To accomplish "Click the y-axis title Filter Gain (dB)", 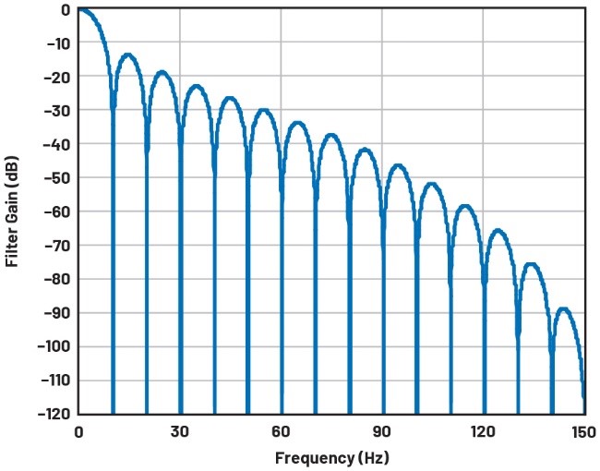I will pos(13,211).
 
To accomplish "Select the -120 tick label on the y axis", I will pos(54,414).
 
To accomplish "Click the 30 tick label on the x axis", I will pos(179,431).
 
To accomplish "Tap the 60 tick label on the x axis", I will pos(281,431).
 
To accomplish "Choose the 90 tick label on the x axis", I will pos(382,431).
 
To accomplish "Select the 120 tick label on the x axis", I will pos(483,431).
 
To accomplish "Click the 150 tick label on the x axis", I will pos(583,431).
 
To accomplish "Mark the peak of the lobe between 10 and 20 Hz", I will pos(129,54).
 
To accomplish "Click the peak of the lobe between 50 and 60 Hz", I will pos(264,110).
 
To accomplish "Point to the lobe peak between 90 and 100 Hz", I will pos(399,165).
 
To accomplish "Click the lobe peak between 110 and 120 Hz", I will pos(466,205).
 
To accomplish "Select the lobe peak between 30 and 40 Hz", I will pos(197,86).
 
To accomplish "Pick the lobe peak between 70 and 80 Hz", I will pos(331,135).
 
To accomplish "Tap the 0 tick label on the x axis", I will pos(78,431).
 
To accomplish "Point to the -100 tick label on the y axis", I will pos(54,346).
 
